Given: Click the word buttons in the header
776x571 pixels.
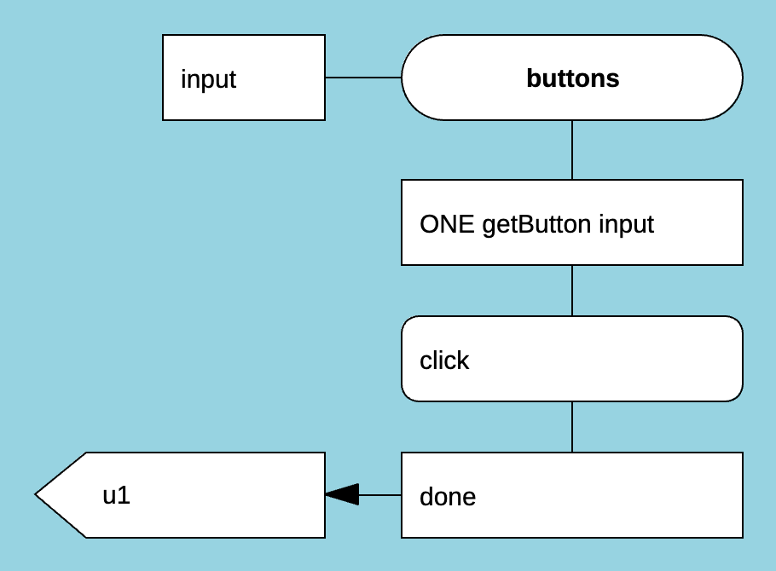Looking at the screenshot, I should point(572,78).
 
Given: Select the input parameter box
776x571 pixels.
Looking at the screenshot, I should point(244,78).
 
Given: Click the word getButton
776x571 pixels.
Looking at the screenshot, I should point(536,224).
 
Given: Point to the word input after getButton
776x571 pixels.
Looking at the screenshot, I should point(626,224).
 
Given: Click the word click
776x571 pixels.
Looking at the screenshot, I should point(444,360).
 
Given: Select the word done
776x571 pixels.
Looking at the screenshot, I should point(448,496).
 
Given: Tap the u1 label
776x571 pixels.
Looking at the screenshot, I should point(117,495).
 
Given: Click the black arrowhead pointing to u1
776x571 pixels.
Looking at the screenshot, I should point(341,494).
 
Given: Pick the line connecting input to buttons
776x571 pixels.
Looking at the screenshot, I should point(363,78).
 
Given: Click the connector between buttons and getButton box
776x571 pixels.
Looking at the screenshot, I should point(572,150).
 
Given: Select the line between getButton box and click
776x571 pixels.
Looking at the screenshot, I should point(572,291).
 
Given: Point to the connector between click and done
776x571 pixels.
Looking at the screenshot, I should point(572,427).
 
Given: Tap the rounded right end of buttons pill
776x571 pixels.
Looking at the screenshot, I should point(725,78).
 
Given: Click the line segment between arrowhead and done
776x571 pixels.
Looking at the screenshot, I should point(380,494).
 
